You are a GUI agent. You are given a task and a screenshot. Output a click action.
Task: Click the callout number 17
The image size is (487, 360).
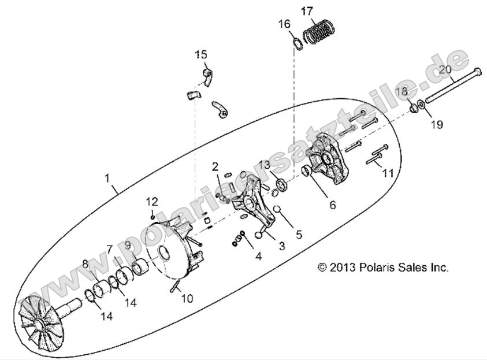[307, 10]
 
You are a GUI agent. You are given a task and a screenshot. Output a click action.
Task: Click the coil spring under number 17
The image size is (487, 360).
[319, 32]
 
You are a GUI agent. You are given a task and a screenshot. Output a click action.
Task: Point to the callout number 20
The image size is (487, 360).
[445, 69]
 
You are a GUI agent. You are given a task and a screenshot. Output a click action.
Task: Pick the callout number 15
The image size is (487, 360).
[200, 55]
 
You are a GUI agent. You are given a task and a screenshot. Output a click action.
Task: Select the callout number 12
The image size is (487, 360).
[151, 201]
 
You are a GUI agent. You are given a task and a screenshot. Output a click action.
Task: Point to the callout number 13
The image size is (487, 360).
[264, 165]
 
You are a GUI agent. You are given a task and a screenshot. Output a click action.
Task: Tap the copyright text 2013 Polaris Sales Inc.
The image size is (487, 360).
[383, 268]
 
